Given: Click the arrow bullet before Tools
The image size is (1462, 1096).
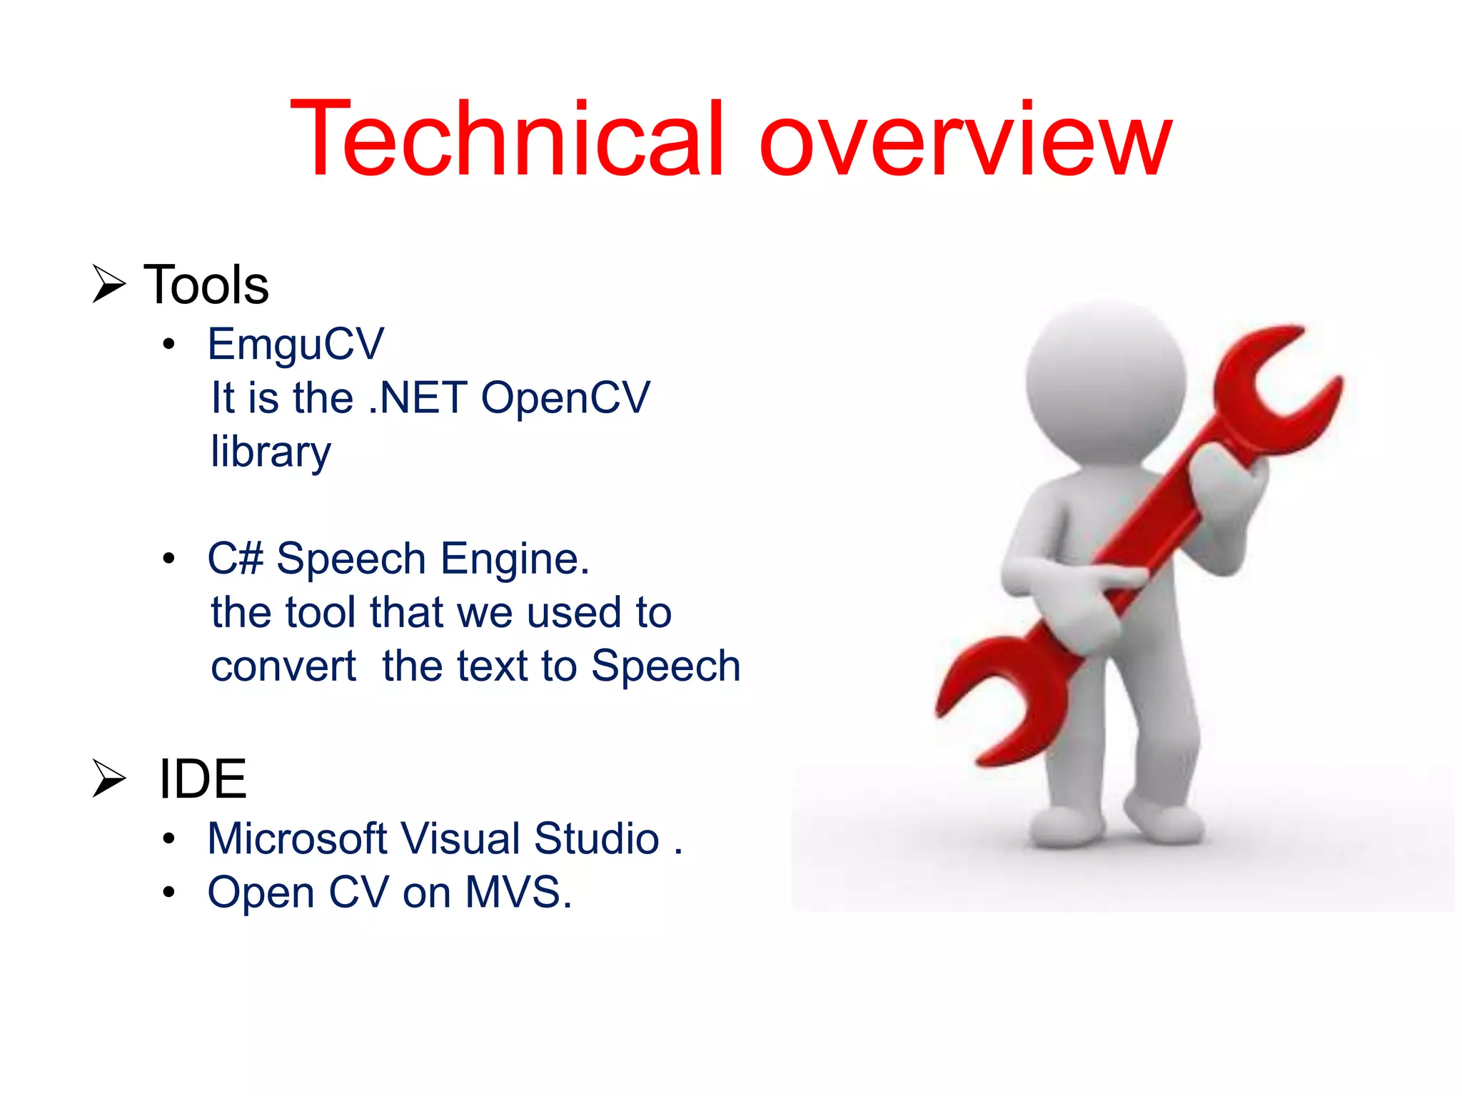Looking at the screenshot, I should pyautogui.click(x=109, y=283).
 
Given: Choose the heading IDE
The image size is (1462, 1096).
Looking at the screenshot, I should pyautogui.click(x=202, y=779).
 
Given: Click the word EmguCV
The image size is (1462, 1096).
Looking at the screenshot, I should pyautogui.click(x=296, y=345).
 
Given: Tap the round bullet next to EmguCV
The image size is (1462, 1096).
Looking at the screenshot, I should pyautogui.click(x=168, y=345).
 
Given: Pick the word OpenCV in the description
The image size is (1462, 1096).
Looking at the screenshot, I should pyautogui.click(x=565, y=397).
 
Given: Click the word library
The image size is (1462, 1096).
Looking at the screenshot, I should pyautogui.click(x=271, y=452).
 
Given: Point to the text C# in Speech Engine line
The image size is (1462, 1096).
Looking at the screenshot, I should pyautogui.click(x=235, y=558).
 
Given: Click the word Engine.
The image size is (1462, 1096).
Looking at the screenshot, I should pyautogui.click(x=515, y=558).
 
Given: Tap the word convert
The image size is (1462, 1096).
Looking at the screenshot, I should pyautogui.click(x=283, y=666).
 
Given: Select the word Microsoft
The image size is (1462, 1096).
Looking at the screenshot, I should pyautogui.click(x=296, y=838).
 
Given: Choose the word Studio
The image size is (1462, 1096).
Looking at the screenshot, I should pyautogui.click(x=596, y=838).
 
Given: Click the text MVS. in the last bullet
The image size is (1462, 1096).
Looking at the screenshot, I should pyautogui.click(x=518, y=893).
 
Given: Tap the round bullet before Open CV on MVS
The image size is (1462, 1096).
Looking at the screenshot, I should pyautogui.click(x=168, y=893).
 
